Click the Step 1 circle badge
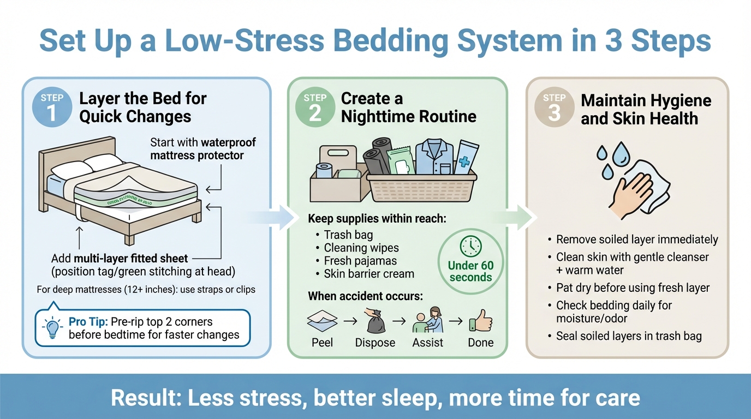click(x=52, y=107)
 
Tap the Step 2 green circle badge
click(x=315, y=107)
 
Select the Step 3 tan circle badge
click(x=554, y=107)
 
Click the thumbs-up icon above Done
click(x=480, y=321)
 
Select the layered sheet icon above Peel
click(x=323, y=321)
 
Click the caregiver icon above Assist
click(x=428, y=321)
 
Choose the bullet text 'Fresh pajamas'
click(x=360, y=261)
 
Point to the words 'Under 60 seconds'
click(x=470, y=271)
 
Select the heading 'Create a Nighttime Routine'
click(x=408, y=107)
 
